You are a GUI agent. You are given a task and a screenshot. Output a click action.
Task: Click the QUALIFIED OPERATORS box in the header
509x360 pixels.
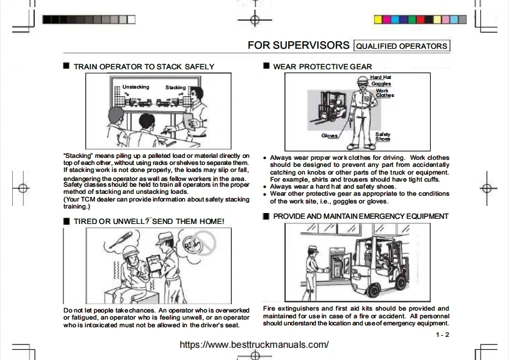(401, 46)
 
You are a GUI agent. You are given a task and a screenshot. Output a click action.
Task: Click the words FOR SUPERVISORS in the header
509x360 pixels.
(298, 46)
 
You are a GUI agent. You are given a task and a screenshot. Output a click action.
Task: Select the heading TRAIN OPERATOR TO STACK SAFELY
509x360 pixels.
(144, 67)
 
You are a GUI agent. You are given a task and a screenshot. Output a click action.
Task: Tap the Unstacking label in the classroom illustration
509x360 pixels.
(135, 87)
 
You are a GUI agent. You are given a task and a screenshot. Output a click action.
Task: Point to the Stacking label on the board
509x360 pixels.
(175, 87)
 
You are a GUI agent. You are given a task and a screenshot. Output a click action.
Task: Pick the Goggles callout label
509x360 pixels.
(381, 84)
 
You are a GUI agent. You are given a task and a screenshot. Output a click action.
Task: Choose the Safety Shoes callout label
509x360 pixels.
(383, 137)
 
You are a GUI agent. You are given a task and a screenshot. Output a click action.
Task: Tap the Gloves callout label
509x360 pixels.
(330, 136)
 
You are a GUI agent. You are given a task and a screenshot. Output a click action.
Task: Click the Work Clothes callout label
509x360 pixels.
(384, 93)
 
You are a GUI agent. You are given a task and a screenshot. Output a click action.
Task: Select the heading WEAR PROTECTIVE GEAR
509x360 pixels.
(322, 67)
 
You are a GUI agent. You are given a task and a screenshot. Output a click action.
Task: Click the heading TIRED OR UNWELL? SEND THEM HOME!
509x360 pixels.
(149, 221)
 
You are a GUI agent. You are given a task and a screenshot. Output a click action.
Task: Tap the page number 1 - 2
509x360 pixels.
(442, 335)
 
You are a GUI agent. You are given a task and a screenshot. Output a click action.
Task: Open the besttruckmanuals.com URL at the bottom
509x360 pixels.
(254, 345)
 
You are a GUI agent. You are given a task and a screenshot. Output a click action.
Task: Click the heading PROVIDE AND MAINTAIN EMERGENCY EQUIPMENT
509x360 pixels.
(361, 216)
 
